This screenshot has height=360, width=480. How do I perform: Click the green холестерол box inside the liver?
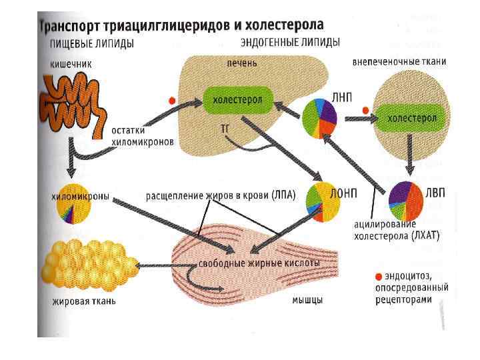point(237,100)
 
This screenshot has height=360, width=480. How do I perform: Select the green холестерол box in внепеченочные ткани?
point(413,119)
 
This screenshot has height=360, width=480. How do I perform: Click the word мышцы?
point(307,301)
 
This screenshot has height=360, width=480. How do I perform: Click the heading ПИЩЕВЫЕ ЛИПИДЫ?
point(92,44)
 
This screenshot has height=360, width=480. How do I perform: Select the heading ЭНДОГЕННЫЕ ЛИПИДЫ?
point(291,43)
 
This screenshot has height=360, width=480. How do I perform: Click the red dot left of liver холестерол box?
point(172,101)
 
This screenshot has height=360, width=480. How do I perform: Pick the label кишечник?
point(70,65)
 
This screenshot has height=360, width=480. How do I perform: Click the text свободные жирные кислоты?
point(259,263)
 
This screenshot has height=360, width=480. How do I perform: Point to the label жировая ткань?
point(84,301)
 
